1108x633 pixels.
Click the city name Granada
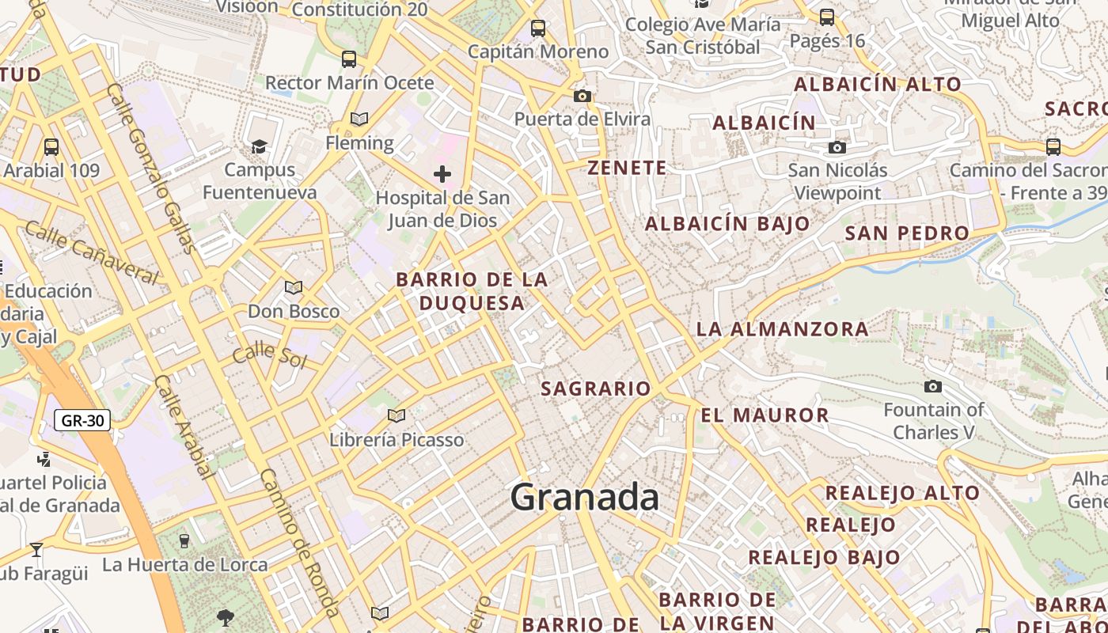tap(584, 498)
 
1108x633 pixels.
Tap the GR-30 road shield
tap(82, 420)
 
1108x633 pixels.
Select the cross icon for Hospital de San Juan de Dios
tap(442, 174)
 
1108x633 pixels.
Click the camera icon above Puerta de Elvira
tap(582, 96)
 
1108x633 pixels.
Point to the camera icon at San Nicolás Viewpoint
tap(837, 147)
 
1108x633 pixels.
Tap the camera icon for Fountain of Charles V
tap(933, 386)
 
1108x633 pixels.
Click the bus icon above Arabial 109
tap(51, 146)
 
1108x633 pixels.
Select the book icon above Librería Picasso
tap(397, 415)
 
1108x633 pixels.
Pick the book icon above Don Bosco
tap(294, 288)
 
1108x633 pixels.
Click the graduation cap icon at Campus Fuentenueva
tap(259, 146)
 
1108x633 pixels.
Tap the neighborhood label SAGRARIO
tap(596, 389)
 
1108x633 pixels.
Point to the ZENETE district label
tap(627, 168)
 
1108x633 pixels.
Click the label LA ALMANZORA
tap(782, 328)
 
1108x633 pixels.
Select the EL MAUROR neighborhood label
tap(765, 415)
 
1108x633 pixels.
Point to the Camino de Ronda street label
tap(300, 542)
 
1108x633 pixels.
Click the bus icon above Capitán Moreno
tap(538, 28)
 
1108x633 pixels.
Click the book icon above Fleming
tap(359, 119)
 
